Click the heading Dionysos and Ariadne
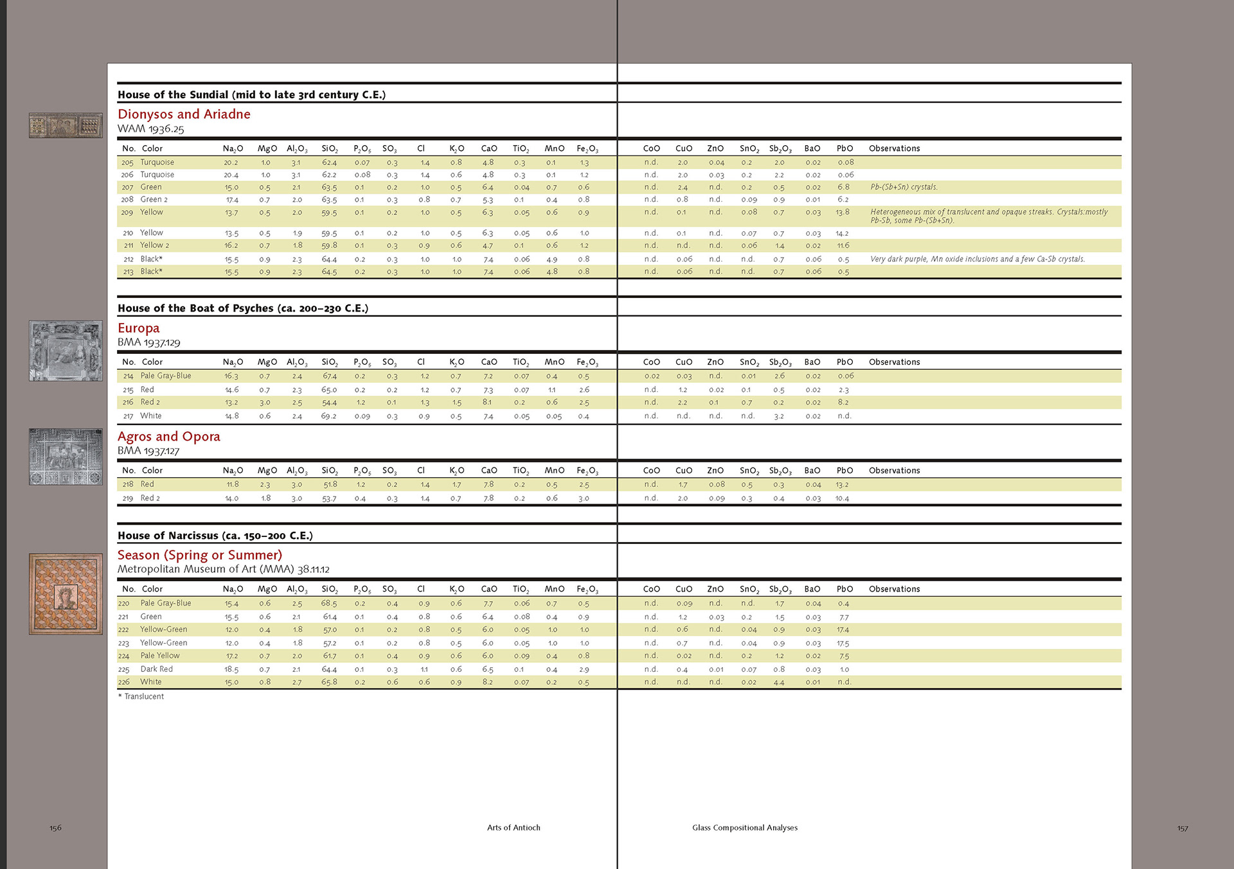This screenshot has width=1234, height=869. (x=184, y=114)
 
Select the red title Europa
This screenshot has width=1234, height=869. (x=138, y=328)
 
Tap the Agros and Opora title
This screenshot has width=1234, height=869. (x=168, y=437)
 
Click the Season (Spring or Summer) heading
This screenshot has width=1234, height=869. (x=199, y=555)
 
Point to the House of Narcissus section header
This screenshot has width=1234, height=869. (x=215, y=536)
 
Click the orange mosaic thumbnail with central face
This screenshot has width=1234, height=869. (x=66, y=594)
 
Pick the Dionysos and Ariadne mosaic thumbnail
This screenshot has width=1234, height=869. (x=66, y=125)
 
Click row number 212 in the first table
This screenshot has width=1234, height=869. (x=128, y=259)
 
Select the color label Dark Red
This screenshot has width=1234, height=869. (x=156, y=669)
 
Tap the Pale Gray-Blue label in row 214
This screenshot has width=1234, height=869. (x=165, y=376)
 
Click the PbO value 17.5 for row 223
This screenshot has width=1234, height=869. (x=843, y=643)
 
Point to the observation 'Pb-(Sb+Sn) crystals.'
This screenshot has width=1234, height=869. (x=904, y=188)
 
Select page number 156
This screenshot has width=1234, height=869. (x=55, y=828)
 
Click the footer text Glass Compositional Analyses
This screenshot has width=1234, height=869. (x=744, y=828)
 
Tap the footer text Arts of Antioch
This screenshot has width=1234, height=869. (x=514, y=828)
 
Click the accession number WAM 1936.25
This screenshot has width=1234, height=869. (x=150, y=129)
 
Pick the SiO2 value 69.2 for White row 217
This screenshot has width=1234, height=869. (x=328, y=416)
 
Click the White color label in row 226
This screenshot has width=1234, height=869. (x=151, y=682)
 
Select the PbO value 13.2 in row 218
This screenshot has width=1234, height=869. (x=842, y=485)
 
